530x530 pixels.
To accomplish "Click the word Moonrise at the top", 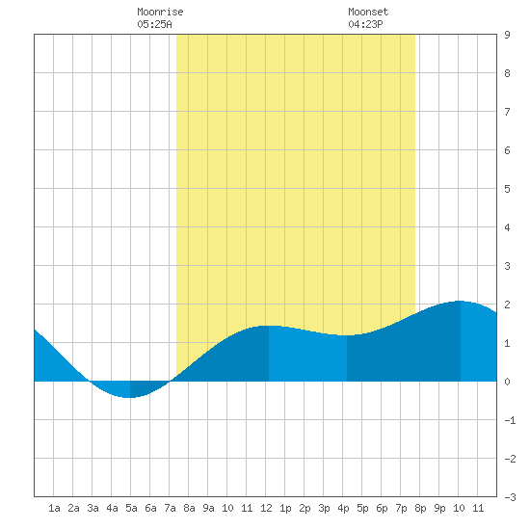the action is (x=160, y=12).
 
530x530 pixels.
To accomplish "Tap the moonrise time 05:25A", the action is (x=154, y=24).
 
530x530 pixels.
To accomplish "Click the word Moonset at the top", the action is (x=368, y=12).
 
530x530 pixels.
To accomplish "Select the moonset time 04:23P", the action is (x=365, y=24).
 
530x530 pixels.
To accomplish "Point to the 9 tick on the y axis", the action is (x=507, y=35).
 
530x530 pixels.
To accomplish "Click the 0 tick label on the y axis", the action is (x=507, y=382).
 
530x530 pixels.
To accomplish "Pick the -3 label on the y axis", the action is (x=510, y=497).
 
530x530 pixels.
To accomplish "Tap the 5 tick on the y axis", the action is (x=507, y=189).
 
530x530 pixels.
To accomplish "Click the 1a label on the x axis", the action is (x=54, y=508).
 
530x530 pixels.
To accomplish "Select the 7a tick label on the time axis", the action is (x=170, y=508).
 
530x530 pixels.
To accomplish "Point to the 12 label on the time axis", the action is (x=266, y=508).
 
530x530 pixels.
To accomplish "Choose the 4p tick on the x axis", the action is (x=343, y=508).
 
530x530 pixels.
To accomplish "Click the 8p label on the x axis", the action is (x=420, y=508).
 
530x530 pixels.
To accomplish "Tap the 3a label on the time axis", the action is (x=93, y=508).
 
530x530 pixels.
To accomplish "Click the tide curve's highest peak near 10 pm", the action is (x=460, y=301).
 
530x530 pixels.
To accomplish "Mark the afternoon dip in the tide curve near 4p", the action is (x=347, y=335).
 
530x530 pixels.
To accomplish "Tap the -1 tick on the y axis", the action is (x=510, y=420).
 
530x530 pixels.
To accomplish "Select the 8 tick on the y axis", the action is (x=507, y=73).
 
